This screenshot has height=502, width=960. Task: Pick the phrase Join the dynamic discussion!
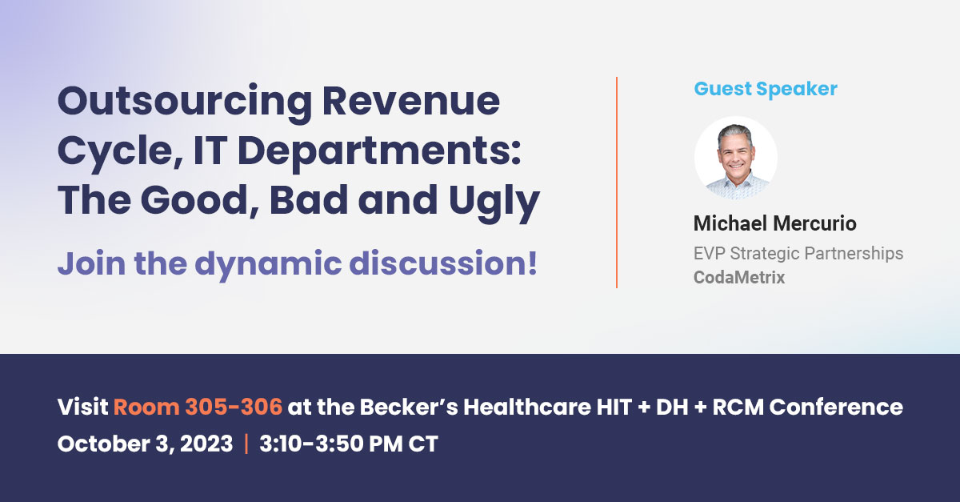click(x=297, y=263)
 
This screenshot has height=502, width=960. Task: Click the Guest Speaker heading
click(x=766, y=89)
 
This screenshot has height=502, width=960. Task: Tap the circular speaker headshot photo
click(x=735, y=158)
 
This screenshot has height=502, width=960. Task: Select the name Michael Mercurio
click(x=774, y=223)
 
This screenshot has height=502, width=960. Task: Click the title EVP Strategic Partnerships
click(x=798, y=254)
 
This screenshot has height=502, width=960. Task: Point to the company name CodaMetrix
click(x=739, y=278)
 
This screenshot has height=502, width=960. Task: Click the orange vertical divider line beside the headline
click(x=616, y=183)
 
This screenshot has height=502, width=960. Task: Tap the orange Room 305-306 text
click(x=198, y=407)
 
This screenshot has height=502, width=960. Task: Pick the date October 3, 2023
click(x=145, y=444)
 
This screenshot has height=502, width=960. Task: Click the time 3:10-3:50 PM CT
click(x=349, y=444)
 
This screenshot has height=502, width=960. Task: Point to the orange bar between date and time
click(x=246, y=444)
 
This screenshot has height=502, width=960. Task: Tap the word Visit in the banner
click(x=82, y=407)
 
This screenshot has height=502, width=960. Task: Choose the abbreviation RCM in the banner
click(x=714, y=407)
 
